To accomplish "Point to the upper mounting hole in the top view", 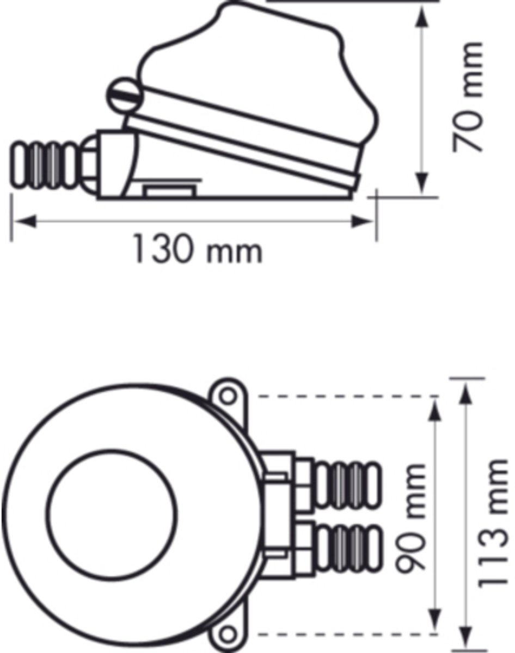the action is point(228,396).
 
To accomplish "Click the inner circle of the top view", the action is point(112,513).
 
